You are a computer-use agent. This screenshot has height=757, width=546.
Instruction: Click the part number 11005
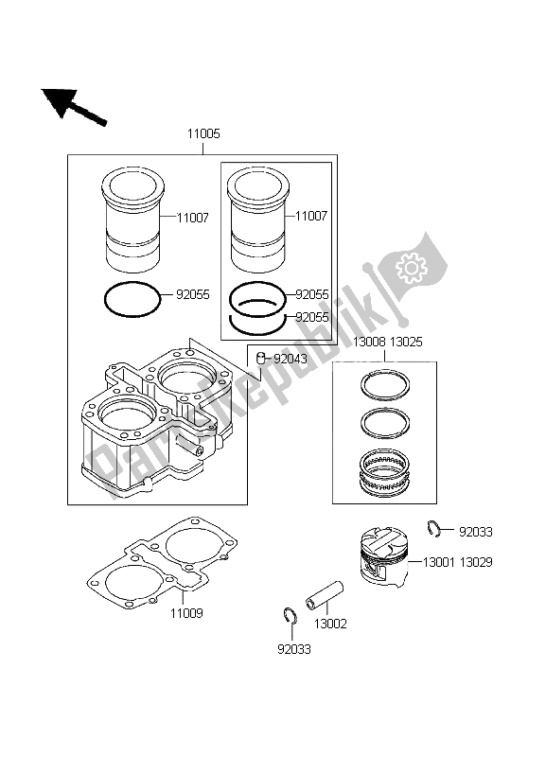tap(203, 134)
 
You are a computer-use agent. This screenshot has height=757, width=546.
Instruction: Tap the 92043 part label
tap(291, 359)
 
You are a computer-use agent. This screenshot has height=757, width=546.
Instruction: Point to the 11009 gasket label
tap(186, 613)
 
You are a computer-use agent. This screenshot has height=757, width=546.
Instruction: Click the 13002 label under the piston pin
tap(328, 625)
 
